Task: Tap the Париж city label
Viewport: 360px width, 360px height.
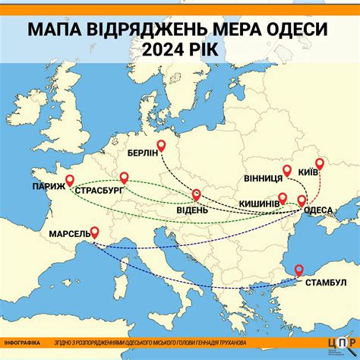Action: point(48,185)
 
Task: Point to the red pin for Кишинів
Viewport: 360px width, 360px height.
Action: point(283,198)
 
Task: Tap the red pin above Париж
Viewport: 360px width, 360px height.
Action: point(70,180)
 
